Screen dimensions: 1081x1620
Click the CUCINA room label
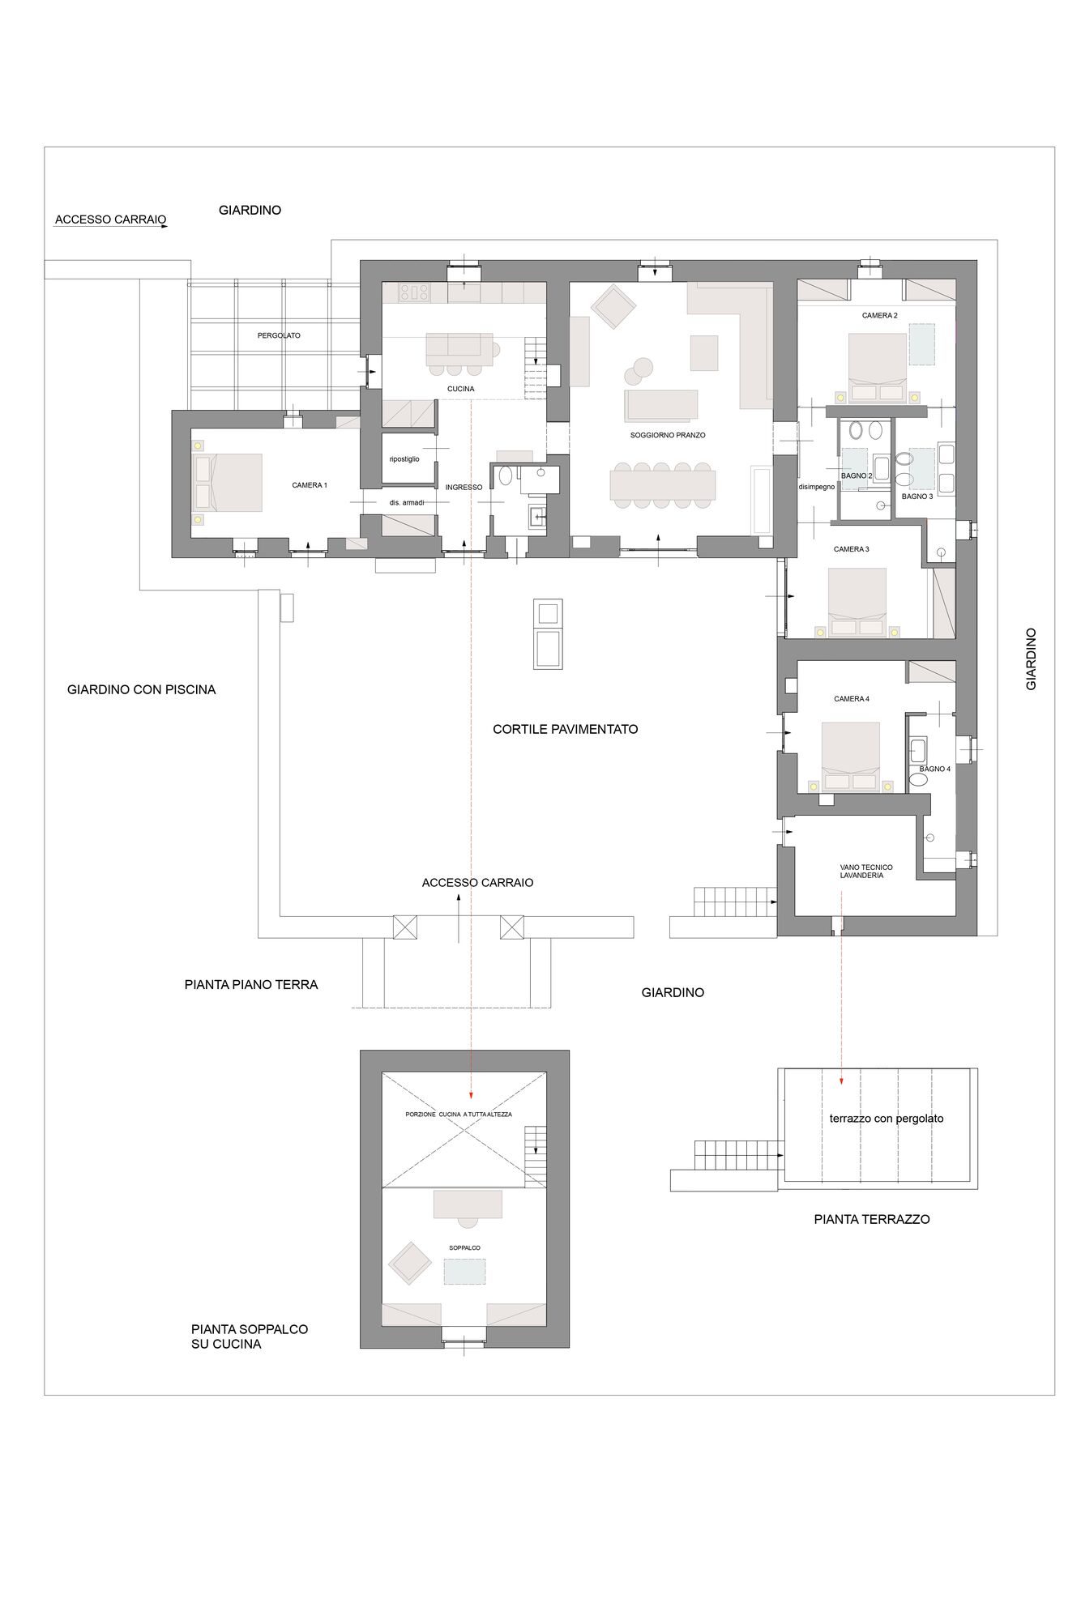(460, 389)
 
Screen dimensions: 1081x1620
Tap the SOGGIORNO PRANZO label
(668, 435)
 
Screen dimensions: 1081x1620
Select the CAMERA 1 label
(310, 485)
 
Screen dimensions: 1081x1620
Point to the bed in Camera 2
(878, 367)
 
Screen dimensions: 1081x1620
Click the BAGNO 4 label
(934, 769)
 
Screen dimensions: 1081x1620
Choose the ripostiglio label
(404, 459)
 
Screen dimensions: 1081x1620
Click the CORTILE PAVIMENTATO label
(566, 729)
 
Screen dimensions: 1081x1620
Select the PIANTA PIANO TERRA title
(251, 985)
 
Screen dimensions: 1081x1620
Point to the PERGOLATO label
(279, 335)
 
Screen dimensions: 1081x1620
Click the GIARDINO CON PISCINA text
(142, 690)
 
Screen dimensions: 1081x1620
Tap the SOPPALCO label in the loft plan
(464, 1247)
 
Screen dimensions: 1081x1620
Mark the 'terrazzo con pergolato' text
(887, 1119)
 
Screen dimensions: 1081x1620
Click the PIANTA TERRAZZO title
(872, 1219)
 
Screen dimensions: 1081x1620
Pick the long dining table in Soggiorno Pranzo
(663, 485)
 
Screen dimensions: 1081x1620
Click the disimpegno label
(817, 487)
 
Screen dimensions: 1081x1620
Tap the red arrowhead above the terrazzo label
(841, 1081)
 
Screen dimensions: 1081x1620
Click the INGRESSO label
(464, 488)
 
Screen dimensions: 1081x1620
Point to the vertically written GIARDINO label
(1031, 659)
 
